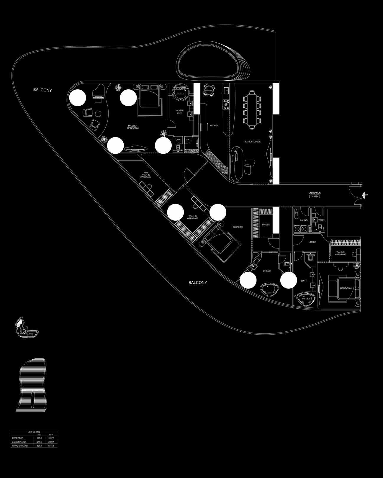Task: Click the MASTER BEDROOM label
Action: tap(133, 127)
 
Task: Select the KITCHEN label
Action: tap(214, 125)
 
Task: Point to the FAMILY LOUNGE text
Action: tap(253, 142)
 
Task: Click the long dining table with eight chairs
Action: tap(252, 109)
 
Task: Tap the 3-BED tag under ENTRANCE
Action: tap(315, 197)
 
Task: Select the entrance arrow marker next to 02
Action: tap(363, 195)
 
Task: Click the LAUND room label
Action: tap(304, 220)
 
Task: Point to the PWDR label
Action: tap(321, 220)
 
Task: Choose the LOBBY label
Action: tap(312, 242)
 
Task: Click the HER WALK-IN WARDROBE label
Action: tap(146, 175)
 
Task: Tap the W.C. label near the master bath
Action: tap(179, 140)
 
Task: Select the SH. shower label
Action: tap(187, 140)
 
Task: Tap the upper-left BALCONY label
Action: tap(42, 90)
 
